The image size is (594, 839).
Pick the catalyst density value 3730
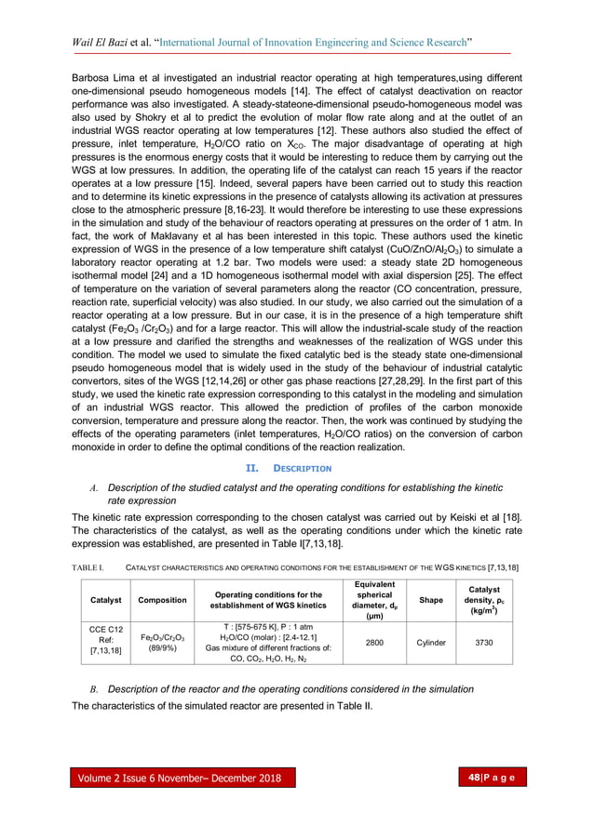[x=484, y=642]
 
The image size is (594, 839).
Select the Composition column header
[x=162, y=600]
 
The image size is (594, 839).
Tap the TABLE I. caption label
[x=89, y=566]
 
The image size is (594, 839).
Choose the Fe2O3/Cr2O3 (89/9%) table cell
[x=162, y=642]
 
